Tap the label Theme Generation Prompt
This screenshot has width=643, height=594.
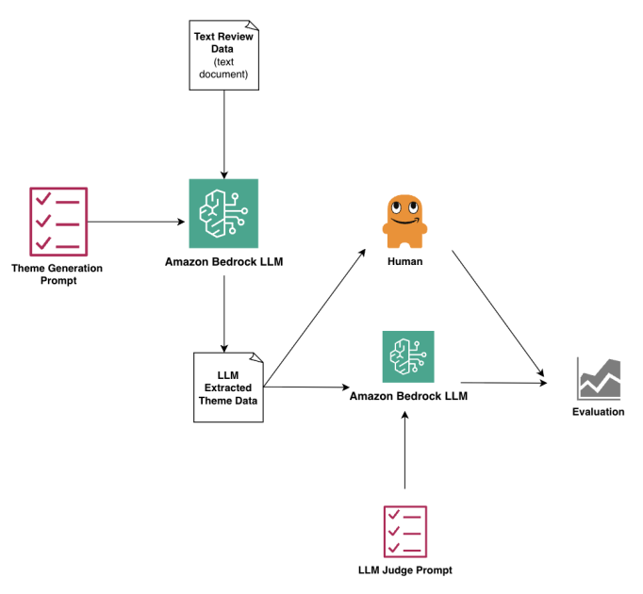[57, 274]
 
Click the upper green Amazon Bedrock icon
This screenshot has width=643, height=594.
[223, 214]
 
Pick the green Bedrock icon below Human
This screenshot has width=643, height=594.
[407, 356]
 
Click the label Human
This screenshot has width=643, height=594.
[404, 262]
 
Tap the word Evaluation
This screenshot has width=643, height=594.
[599, 412]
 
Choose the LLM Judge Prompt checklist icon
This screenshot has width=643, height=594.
[406, 530]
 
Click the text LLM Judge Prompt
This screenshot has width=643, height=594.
[405, 570]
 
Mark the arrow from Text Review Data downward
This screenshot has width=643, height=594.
[223, 132]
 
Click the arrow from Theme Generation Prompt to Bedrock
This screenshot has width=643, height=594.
[137, 223]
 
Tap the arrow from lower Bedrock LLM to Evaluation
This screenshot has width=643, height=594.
[504, 383]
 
